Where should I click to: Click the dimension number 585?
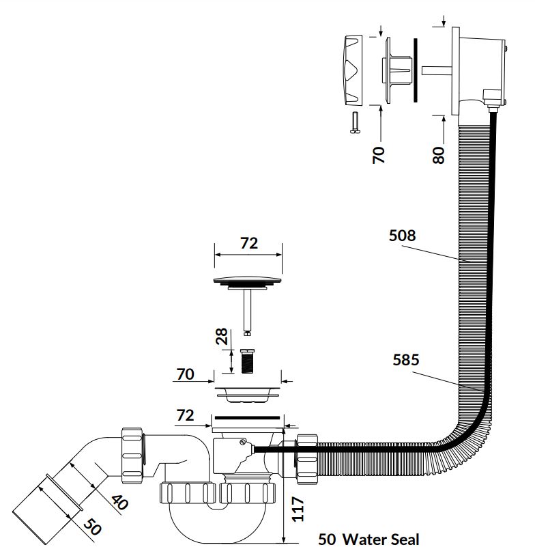(x=406, y=360)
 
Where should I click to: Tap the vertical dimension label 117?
(x=298, y=508)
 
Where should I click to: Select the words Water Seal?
(x=381, y=540)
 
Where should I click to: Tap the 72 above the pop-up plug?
(x=249, y=242)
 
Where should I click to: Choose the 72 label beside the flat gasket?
(x=186, y=415)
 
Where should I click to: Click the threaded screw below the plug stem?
(x=248, y=360)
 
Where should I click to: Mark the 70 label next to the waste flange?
(x=185, y=374)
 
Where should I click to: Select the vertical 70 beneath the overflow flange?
(x=379, y=153)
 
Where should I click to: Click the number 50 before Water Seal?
(x=328, y=540)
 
